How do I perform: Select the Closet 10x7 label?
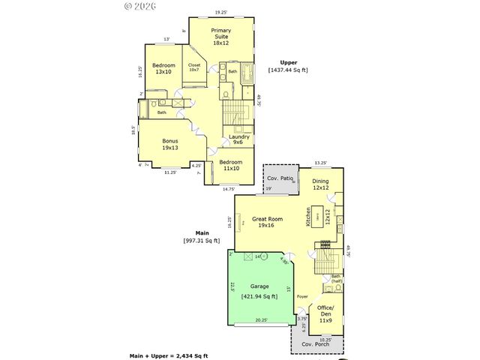pos(193,67)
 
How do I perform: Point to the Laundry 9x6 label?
pos(239,139)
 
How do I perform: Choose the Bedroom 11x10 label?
pos(230,164)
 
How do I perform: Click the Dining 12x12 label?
pos(320,184)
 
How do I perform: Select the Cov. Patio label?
pos(279,178)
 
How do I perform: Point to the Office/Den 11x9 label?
pos(325,313)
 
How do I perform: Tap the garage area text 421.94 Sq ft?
pos(259,296)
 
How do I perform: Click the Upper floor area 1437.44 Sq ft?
pos(288,70)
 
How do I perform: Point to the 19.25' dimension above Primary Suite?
pos(220,12)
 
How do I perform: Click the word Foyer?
pos(302,296)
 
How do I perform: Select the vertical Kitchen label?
pos(308,217)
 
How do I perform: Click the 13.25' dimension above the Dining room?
pos(320,162)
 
